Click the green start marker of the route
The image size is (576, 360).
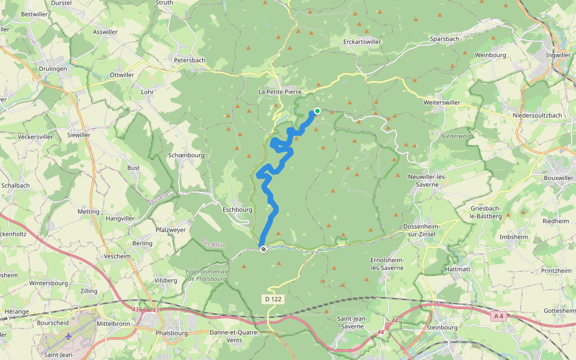click(x=317, y=111)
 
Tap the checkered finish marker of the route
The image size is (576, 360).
click(x=263, y=248)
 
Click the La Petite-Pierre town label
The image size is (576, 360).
click(x=280, y=92)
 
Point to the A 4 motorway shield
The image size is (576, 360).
click(x=497, y=316)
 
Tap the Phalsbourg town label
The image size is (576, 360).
click(x=171, y=333)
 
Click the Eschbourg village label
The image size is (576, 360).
click(x=237, y=210)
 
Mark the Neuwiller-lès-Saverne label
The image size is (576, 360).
click(x=428, y=181)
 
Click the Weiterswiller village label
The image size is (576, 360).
click(x=441, y=103)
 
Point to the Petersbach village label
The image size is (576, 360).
click(x=190, y=60)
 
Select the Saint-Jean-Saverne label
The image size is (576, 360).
click(x=350, y=322)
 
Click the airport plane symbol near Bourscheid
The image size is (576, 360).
click(x=69, y=336)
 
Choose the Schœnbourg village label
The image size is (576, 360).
click(x=187, y=154)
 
